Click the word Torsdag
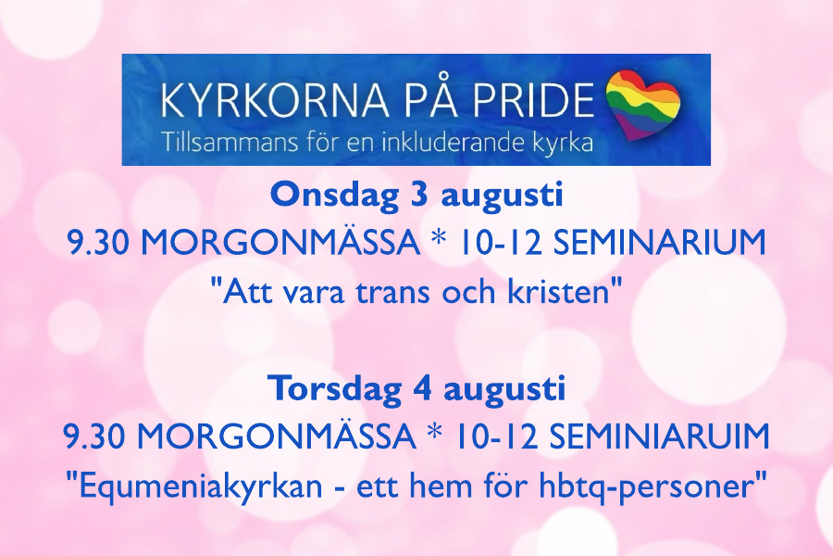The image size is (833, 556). pos(335,389)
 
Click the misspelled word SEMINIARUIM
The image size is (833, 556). pos(659,436)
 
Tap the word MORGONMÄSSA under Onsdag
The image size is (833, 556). pos(280,243)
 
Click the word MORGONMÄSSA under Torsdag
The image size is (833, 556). pos(277,436)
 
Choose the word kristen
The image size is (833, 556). pos(558,292)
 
